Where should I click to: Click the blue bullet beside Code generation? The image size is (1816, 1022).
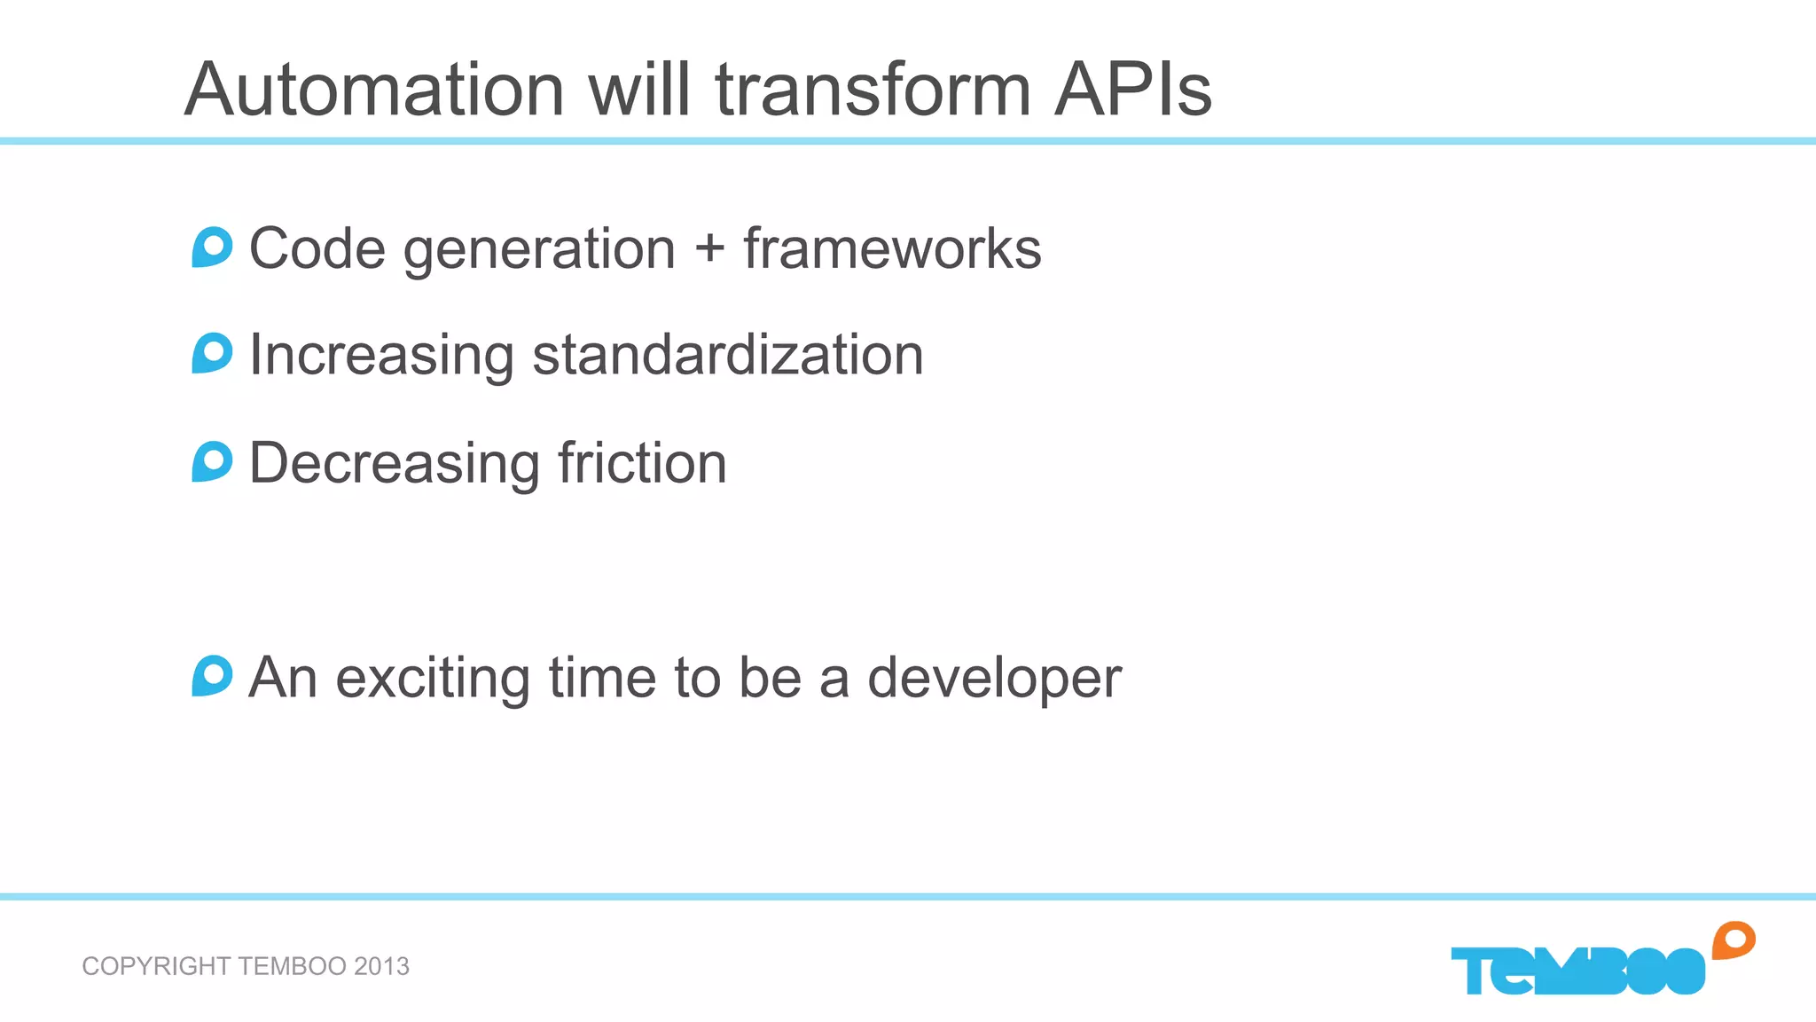tap(212, 248)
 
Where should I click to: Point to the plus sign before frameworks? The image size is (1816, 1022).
tap(709, 248)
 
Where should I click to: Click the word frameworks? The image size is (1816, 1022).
tap(892, 248)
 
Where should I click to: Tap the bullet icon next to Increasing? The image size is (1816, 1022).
tap(212, 353)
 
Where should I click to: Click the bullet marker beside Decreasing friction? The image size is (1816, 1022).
tap(212, 461)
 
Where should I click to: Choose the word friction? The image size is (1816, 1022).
tap(642, 462)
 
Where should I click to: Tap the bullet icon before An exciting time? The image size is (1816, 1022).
tap(212, 676)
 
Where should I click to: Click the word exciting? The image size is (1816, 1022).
tap(434, 679)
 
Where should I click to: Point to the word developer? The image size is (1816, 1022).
tap(994, 679)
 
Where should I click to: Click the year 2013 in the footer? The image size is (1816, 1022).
tap(381, 966)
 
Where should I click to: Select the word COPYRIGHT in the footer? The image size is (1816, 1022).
tap(156, 966)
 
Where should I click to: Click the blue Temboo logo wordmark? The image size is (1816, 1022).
tap(1577, 971)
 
